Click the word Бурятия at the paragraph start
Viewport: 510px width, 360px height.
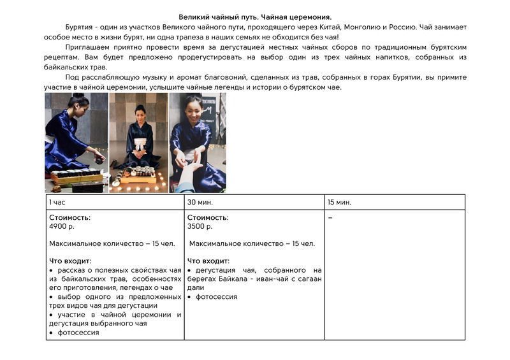[79, 27]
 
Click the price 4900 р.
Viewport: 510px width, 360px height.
[62, 226]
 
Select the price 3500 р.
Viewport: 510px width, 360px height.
[200, 226]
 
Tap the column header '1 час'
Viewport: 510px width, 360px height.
[57, 202]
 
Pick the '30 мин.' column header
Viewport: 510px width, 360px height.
[200, 202]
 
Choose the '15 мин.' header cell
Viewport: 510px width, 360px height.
[340, 202]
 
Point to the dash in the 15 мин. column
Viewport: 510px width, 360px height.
[330, 218]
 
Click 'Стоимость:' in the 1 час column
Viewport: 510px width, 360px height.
[69, 217]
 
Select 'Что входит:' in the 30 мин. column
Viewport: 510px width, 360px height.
[208, 261]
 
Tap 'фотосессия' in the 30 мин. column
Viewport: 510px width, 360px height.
[216, 296]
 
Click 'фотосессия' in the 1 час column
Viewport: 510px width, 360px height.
[78, 332]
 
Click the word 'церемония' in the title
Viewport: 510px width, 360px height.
[309, 16]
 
